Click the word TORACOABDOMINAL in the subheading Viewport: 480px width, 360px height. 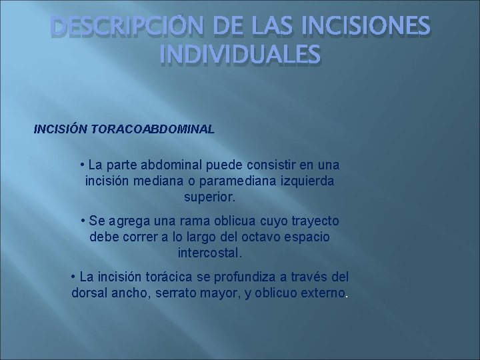[156, 128]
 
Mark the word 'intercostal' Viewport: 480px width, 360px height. [209, 253]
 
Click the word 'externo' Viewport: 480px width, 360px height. [323, 293]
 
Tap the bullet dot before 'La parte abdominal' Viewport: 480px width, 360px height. [81, 165]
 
